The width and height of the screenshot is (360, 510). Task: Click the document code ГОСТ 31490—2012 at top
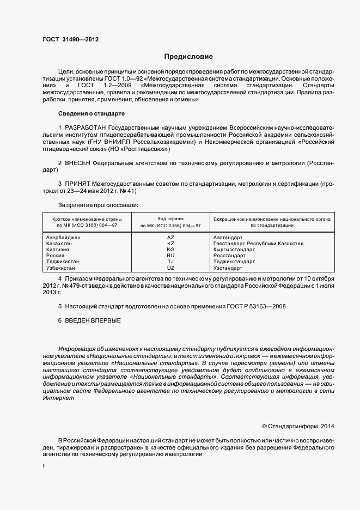coord(70,40)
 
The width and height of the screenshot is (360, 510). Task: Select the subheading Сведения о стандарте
coord(91,113)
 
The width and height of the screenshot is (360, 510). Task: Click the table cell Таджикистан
coord(64,262)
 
